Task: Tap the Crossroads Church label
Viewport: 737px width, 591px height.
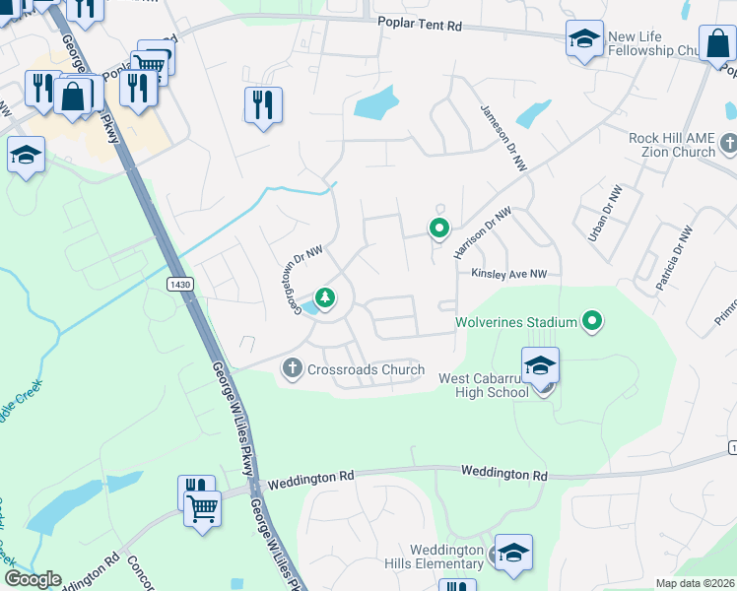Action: [366, 370]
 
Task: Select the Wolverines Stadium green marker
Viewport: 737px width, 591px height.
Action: [592, 320]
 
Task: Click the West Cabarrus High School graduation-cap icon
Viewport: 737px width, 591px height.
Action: [540, 366]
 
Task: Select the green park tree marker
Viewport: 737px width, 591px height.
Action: [323, 296]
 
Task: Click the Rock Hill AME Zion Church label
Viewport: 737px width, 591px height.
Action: [672, 145]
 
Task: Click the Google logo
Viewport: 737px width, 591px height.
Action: [33, 579]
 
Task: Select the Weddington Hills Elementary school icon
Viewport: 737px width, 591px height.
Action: [513, 555]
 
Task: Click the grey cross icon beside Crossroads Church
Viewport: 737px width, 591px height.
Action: [292, 369]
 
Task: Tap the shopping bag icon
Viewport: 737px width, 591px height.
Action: [73, 97]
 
